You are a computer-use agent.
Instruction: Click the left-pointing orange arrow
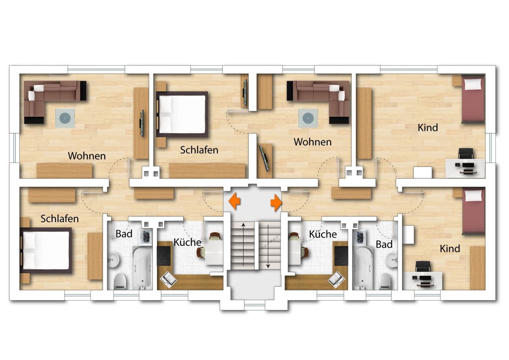pyautogui.click(x=234, y=201)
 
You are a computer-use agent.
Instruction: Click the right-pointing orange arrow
pyautogui.click(x=276, y=202)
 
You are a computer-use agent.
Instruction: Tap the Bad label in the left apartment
pyautogui.click(x=124, y=234)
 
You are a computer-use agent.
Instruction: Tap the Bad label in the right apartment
pyautogui.click(x=384, y=245)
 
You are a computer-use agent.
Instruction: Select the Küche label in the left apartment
pyautogui.click(x=187, y=242)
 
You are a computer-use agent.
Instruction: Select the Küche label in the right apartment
pyautogui.click(x=323, y=234)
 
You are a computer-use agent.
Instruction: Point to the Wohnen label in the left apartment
pyautogui.click(x=87, y=156)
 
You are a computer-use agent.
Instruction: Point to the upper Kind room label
pyautogui.click(x=428, y=128)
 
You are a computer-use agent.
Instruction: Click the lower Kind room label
pyautogui.click(x=450, y=249)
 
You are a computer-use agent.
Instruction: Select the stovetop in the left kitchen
pyautogui.click(x=164, y=256)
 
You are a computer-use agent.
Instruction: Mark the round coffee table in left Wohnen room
pyautogui.click(x=65, y=118)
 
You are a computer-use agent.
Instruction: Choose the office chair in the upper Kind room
pyautogui.click(x=466, y=154)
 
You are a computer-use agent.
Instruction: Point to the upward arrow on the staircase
pyautogui.click(x=243, y=245)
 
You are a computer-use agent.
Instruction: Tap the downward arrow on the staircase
pyautogui.click(x=268, y=246)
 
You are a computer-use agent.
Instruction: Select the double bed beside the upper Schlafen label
pyautogui.click(x=182, y=115)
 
